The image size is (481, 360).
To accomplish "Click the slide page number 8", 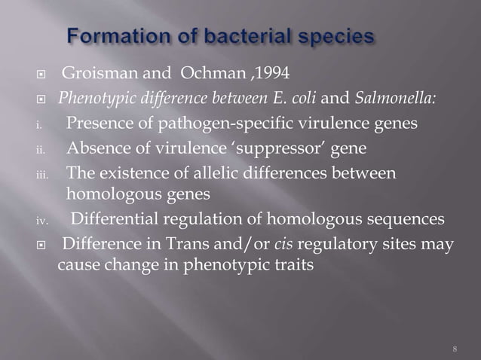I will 455,348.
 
